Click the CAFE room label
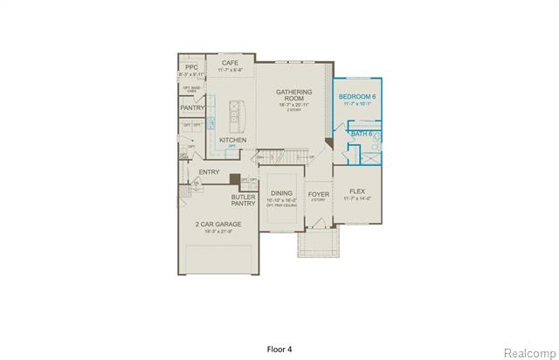point(231,63)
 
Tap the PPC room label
point(191,66)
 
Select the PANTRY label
point(192,107)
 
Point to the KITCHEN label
point(232,140)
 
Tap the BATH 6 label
point(361,133)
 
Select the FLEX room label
point(356,190)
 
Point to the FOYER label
point(318,194)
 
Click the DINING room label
point(281,193)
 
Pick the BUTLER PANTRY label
point(243,200)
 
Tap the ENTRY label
point(210,172)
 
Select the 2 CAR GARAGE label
point(218,224)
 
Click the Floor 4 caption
point(279,323)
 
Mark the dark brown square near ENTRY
point(234,179)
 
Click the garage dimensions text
point(218,232)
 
